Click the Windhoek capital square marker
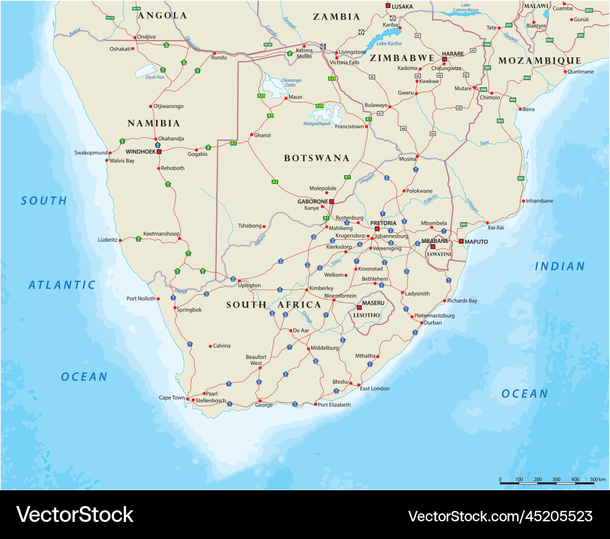pos(159,151)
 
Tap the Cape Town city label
pos(171,397)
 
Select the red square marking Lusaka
pos(387,5)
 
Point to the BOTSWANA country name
pos(317,158)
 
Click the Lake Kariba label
pos(388,43)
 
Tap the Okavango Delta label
pos(291,82)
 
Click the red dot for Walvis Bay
pos(107,161)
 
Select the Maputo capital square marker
pos(461,242)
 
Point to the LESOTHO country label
pos(367,315)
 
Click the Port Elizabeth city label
pos(334,405)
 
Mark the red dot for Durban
pos(421,322)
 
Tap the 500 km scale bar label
pos(597,479)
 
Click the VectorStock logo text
pos(74,515)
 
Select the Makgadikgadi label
pos(317,123)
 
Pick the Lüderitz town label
pos(107,240)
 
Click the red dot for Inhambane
pos(523,201)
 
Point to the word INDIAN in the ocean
pos(559,266)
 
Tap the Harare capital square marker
pos(444,59)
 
